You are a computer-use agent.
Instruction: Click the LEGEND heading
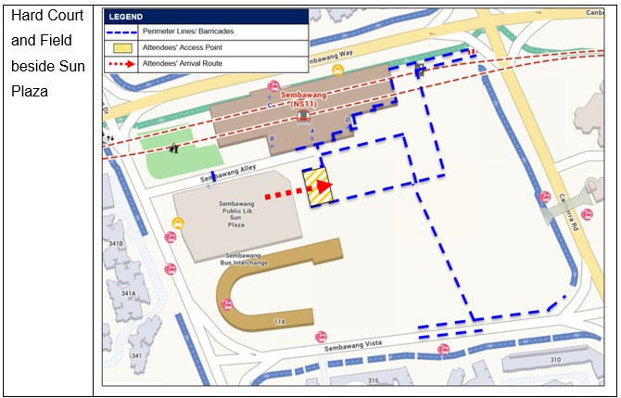click(x=127, y=17)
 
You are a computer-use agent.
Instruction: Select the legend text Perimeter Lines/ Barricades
click(x=202, y=31)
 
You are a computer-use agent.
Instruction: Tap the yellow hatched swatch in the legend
click(x=123, y=47)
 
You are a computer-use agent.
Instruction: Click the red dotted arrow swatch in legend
click(x=123, y=64)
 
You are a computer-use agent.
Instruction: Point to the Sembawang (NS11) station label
click(x=303, y=100)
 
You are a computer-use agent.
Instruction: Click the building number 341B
click(x=116, y=243)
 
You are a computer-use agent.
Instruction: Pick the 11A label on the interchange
click(x=281, y=321)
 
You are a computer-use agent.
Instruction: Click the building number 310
click(x=556, y=359)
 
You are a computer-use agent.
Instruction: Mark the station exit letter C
click(x=270, y=106)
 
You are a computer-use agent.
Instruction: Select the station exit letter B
click(x=272, y=139)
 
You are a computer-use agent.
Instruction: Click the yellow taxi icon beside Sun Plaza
click(x=177, y=223)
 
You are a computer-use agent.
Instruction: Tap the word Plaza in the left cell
click(x=31, y=92)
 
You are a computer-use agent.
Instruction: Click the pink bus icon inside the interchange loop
click(x=320, y=337)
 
